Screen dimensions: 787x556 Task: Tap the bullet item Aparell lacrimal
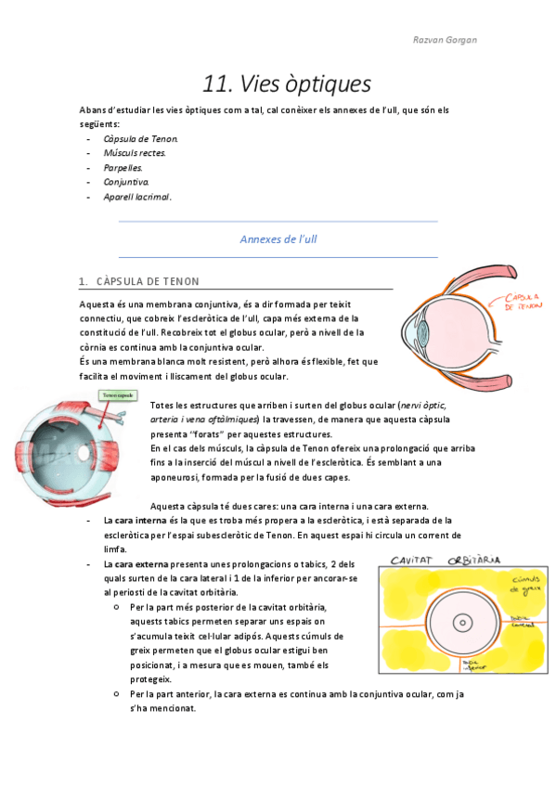pos(137,197)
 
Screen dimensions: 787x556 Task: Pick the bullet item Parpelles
pos(123,168)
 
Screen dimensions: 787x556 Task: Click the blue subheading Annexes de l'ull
pos(278,239)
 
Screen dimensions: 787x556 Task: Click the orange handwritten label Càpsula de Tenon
pos(523,301)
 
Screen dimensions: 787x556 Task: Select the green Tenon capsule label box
pos(118,396)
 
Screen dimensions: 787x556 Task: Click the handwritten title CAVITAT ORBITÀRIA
pos(445,561)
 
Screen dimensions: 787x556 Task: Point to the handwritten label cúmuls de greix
pos(512,585)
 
